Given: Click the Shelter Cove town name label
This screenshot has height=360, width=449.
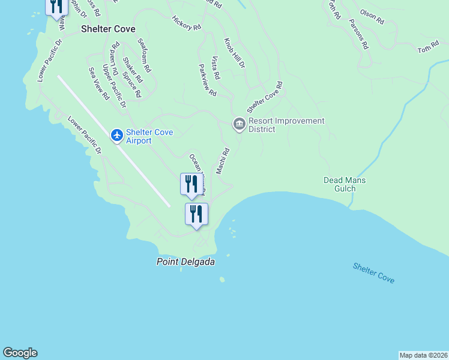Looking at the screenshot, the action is (x=109, y=29).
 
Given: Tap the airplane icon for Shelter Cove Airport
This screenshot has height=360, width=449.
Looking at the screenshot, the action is (x=117, y=136).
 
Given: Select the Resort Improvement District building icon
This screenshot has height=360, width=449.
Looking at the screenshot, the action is (x=239, y=124).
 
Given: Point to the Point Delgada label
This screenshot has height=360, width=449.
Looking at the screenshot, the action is (x=185, y=262).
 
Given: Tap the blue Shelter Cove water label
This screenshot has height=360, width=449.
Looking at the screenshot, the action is (x=373, y=273).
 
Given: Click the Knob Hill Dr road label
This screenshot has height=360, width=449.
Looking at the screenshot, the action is (x=235, y=53).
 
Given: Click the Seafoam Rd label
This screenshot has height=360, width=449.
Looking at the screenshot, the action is (x=144, y=56).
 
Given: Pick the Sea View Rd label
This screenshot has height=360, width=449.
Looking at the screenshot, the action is (x=99, y=83).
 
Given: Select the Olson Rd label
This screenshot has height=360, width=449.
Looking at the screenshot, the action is (x=372, y=16).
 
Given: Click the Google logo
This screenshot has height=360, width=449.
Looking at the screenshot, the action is (x=20, y=353).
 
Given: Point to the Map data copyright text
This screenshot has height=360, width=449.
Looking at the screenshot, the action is (x=423, y=355).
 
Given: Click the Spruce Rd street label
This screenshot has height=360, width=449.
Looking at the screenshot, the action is (x=131, y=85).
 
